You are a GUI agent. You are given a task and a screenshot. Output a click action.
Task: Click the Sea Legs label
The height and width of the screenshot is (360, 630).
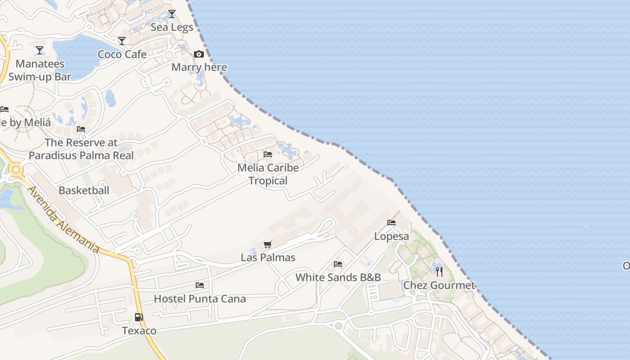coord(172,27)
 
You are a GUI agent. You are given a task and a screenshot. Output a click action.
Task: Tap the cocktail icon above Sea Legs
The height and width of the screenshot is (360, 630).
coord(171,14)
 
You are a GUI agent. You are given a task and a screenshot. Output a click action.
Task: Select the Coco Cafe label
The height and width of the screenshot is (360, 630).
coord(122,54)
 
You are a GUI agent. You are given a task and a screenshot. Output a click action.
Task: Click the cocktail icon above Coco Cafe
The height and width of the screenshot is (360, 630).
coord(122,41)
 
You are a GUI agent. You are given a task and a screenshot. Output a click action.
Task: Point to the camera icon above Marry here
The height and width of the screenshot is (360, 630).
coord(199,54)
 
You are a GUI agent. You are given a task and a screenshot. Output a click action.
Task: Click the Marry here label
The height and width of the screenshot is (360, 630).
coord(199,67)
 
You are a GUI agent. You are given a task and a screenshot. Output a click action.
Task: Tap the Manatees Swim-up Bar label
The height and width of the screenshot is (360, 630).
coord(40,70)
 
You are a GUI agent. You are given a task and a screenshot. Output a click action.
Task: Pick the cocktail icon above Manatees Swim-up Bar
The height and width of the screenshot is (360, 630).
coord(40,50)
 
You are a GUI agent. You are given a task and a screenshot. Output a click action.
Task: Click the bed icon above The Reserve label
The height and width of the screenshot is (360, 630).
coord(81,129)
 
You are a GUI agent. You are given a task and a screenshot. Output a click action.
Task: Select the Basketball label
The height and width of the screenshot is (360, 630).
coord(84,190)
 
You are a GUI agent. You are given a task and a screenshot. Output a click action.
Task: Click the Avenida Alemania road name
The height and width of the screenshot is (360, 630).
coord(63,219)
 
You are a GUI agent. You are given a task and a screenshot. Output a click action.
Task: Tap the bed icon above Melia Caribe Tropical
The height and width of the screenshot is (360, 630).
coord(268,154)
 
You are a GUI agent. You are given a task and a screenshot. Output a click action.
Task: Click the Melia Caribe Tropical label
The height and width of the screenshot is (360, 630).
coord(268,174)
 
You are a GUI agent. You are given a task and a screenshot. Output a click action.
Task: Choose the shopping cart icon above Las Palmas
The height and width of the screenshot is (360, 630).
coord(268,244)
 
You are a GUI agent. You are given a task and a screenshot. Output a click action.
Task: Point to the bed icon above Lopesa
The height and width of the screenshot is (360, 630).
coord(391,223)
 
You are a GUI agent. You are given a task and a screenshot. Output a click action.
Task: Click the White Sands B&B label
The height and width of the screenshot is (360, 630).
coord(338,277)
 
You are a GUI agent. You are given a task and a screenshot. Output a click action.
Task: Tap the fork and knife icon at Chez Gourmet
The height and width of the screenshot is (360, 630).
coord(439,272)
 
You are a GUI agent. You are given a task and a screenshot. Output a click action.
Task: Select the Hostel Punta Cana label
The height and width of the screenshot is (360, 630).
coord(200,299)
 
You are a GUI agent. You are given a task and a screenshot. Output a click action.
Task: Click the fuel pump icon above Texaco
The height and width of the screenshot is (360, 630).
coord(139,317)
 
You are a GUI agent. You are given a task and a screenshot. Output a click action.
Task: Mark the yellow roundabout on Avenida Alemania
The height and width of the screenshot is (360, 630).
coord(17,170)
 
